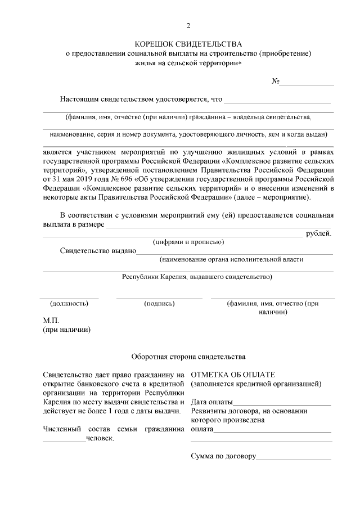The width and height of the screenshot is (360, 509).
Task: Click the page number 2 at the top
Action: [188, 26]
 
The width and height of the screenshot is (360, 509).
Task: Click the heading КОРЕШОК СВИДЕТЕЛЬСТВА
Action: [188, 43]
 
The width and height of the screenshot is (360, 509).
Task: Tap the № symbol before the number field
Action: [276, 82]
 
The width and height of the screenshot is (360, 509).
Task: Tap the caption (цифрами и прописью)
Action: [189, 242]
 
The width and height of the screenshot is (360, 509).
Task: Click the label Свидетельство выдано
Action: [98, 251]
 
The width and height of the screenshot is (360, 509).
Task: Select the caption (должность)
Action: [69, 304]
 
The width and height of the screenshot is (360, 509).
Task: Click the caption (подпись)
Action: [159, 304]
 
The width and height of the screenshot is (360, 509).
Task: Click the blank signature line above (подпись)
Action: [159, 298]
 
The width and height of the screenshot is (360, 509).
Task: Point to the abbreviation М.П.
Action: [51, 320]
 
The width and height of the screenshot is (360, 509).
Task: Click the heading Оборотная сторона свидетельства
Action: [188, 357]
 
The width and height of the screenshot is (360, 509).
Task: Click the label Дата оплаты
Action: [211, 402]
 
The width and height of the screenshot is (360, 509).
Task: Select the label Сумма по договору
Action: [223, 456]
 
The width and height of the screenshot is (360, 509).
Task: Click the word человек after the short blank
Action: [100, 439]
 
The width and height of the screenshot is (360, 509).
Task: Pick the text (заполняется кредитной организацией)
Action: [256, 384]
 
